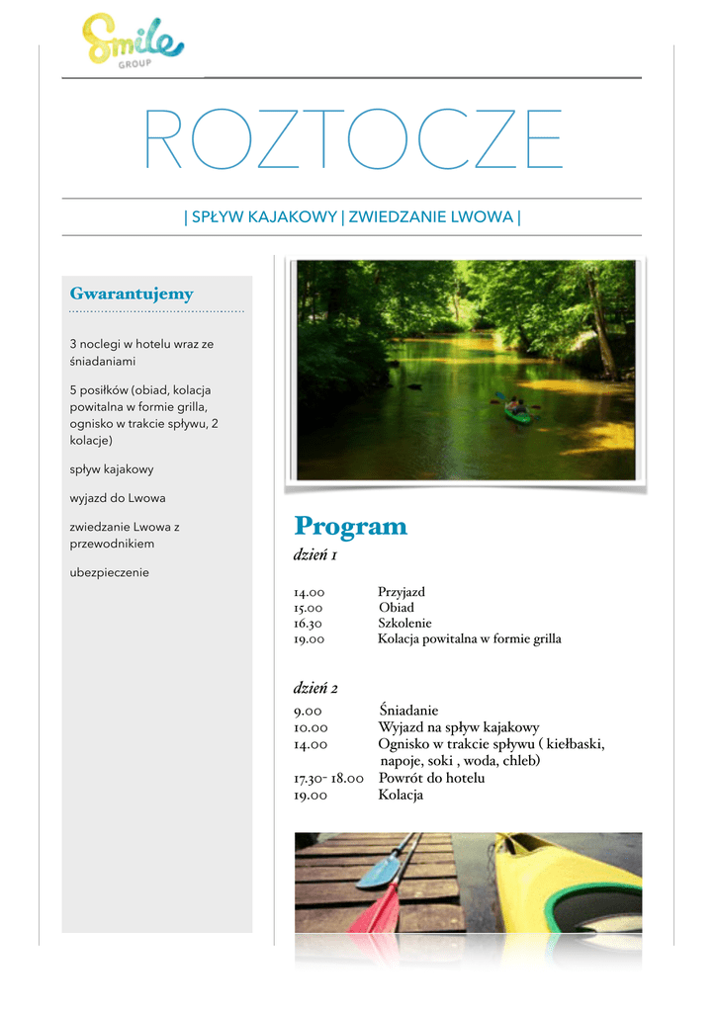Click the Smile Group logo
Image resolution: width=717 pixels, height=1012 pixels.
tap(133, 39)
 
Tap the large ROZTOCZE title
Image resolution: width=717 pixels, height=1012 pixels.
tap(353, 139)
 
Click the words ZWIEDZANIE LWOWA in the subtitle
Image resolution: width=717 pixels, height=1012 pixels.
tap(431, 216)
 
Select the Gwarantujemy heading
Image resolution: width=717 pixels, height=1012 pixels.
tap(132, 294)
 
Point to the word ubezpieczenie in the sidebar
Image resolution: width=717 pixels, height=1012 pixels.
tap(109, 572)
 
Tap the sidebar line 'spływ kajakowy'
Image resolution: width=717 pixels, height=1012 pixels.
tap(112, 469)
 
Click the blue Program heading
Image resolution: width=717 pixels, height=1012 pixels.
tap(350, 526)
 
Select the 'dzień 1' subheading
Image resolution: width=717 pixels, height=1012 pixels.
tap(315, 556)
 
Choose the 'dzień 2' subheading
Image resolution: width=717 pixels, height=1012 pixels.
tap(315, 688)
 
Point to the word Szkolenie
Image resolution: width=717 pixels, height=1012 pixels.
tap(404, 624)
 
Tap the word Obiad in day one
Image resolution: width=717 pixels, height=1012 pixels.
tap(396, 608)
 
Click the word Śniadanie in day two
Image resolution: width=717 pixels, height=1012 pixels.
tap(407, 711)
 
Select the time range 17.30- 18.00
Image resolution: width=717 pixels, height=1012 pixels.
tap(327, 779)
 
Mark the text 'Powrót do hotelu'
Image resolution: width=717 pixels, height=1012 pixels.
tap(431, 779)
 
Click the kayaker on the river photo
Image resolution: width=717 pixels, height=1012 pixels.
tap(516, 408)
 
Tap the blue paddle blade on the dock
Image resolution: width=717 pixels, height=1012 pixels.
tap(379, 873)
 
